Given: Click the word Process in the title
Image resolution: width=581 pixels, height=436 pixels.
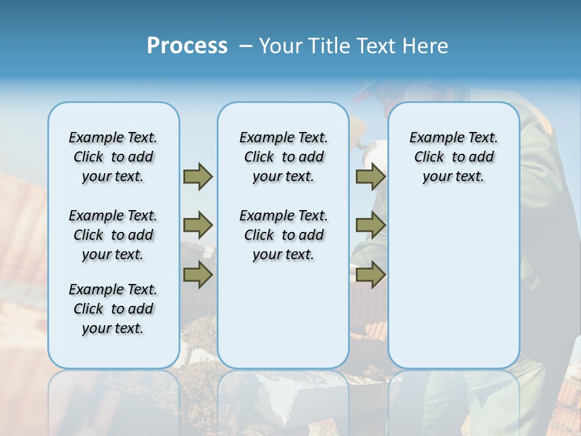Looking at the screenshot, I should coord(187,45).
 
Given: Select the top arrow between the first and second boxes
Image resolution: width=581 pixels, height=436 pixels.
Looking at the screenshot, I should coord(198,176).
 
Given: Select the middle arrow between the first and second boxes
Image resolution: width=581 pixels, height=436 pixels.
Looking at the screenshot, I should coord(198,225).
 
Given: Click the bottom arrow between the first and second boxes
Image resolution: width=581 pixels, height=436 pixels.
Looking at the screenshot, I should coord(198,275).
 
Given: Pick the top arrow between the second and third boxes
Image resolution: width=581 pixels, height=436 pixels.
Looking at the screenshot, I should coord(370,176).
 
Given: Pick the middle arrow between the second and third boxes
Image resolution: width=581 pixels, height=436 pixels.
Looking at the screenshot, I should coord(370,225).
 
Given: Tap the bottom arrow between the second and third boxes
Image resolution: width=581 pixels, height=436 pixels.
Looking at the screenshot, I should coord(370,275).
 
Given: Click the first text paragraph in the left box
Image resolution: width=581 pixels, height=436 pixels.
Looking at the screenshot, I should coord(113,157).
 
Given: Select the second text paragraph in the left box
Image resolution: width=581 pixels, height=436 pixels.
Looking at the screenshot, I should coord(113,235).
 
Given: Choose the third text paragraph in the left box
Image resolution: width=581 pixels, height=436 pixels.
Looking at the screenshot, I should coord(113,309).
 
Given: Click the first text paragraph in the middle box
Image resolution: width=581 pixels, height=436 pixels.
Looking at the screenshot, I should coord(284,157).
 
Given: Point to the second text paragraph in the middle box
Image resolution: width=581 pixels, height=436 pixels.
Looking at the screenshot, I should coord(284,235).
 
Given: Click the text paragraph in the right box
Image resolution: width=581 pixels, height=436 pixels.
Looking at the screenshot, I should coord(454,157).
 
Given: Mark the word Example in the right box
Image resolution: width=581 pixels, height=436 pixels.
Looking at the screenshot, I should coord(432,138).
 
